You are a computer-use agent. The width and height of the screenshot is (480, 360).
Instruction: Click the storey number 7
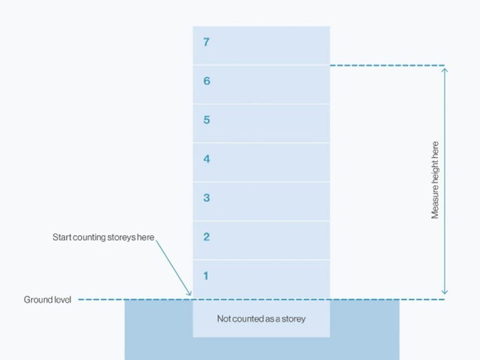tap(206, 42)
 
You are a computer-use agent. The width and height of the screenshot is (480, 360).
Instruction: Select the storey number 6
tap(207, 81)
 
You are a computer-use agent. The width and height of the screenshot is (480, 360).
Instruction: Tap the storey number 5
tap(206, 120)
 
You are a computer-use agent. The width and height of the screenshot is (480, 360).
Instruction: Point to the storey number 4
tap(206, 159)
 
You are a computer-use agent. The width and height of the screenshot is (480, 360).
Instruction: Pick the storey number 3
tap(206, 198)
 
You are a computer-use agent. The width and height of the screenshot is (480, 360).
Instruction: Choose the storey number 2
tap(206, 237)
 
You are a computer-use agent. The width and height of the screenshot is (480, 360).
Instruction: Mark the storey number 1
tap(206, 276)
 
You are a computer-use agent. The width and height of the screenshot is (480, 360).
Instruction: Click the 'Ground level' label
tap(47, 300)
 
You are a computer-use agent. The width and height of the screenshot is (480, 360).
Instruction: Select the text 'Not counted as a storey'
tap(261, 319)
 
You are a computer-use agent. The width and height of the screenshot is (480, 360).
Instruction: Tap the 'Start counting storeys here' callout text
tap(103, 237)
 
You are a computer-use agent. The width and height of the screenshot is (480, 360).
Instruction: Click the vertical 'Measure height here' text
tap(435, 180)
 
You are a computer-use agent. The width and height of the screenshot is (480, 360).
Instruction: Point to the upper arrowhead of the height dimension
tap(445, 70)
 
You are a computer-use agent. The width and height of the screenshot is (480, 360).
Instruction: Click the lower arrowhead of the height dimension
tap(445, 292)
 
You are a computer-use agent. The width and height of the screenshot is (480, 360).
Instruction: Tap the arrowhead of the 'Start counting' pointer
tap(190, 294)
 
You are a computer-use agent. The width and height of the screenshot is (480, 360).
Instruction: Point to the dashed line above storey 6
tap(387, 65)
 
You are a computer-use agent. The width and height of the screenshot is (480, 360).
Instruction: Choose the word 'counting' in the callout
tap(89, 237)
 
